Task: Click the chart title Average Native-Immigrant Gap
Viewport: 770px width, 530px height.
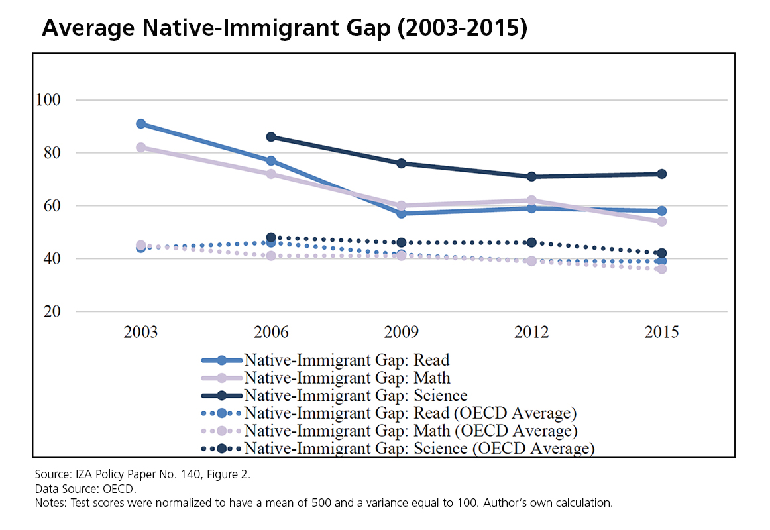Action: click(285, 28)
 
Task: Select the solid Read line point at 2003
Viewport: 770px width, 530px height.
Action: click(140, 124)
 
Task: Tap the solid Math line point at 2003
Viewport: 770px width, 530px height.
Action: click(140, 148)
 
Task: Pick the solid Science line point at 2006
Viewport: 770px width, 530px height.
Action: click(271, 137)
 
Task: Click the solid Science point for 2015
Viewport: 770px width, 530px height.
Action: click(661, 174)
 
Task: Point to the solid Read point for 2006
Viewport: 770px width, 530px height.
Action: click(271, 161)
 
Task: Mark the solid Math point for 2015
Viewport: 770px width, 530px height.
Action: click(661, 221)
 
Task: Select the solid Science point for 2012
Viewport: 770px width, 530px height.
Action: click(531, 177)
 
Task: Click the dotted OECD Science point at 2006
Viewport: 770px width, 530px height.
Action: click(271, 237)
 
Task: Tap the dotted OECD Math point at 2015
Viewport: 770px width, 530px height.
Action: click(661, 269)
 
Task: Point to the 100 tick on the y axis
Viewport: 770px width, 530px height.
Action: click(49, 100)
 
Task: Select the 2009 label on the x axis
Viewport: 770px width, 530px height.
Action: click(401, 332)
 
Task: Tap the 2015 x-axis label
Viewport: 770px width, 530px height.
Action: click(661, 332)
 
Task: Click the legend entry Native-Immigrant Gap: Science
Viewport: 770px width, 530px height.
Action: click(356, 396)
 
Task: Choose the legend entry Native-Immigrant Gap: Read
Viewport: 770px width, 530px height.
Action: click(347, 360)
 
